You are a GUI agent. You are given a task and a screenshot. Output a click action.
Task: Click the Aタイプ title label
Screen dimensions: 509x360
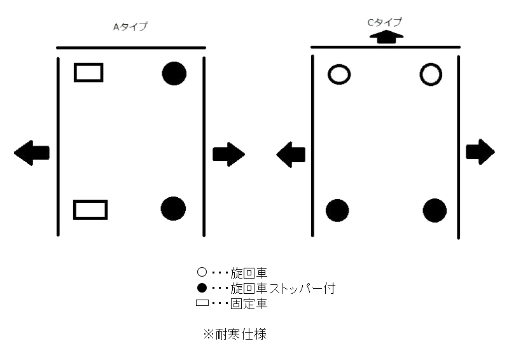[130, 27]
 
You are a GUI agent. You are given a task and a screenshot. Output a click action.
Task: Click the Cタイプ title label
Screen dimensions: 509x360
[385, 22]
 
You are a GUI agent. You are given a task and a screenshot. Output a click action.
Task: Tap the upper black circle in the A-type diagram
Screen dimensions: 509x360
[174, 73]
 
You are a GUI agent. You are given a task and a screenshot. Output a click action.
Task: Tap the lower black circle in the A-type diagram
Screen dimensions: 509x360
[173, 209]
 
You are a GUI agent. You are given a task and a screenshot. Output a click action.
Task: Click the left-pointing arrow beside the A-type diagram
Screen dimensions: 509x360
[32, 153]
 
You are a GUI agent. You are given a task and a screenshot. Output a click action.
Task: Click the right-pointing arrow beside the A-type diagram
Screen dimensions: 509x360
[228, 154]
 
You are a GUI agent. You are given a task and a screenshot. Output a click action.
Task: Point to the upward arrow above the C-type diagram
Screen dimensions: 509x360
[386, 37]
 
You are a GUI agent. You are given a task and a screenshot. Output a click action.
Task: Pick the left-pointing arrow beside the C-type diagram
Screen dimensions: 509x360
[291, 155]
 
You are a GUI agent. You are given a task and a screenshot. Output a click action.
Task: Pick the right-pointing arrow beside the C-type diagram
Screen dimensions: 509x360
[480, 152]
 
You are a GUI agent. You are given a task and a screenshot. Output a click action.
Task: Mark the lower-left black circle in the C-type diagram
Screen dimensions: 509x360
[337, 211]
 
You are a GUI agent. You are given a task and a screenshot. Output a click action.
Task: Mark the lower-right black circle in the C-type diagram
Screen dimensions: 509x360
[435, 211]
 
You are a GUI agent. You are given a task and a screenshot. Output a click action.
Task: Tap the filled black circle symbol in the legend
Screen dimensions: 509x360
[202, 288]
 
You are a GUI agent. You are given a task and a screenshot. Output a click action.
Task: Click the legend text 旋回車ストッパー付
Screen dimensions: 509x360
[282, 288]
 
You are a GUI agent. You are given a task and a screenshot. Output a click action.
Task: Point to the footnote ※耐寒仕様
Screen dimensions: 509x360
[235, 334]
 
